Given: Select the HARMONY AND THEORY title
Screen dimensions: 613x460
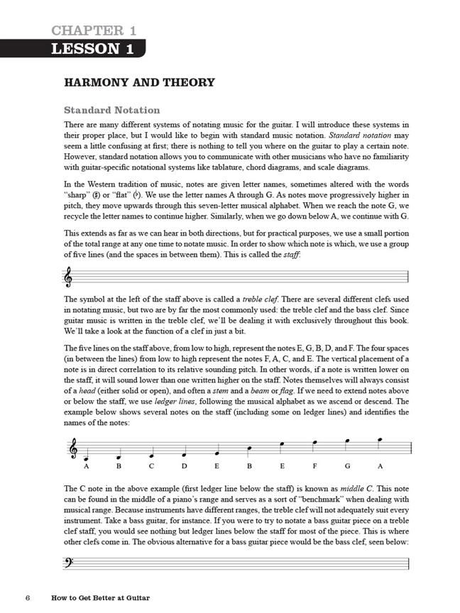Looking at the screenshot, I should (x=139, y=83).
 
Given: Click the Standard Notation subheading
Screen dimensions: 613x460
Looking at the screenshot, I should (x=111, y=111).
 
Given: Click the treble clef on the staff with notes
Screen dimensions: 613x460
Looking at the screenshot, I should (x=71, y=449).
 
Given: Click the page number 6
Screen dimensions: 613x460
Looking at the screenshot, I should (x=26, y=597).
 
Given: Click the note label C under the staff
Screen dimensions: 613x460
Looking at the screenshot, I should (x=151, y=466).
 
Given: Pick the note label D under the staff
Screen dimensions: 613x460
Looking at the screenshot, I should (x=184, y=466).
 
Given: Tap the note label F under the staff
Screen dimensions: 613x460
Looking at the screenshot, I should (x=314, y=466).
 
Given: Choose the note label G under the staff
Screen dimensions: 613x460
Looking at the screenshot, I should (x=347, y=466).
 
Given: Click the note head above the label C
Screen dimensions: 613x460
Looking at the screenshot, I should (x=150, y=455).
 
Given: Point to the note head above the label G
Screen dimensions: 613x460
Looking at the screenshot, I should (x=347, y=441).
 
